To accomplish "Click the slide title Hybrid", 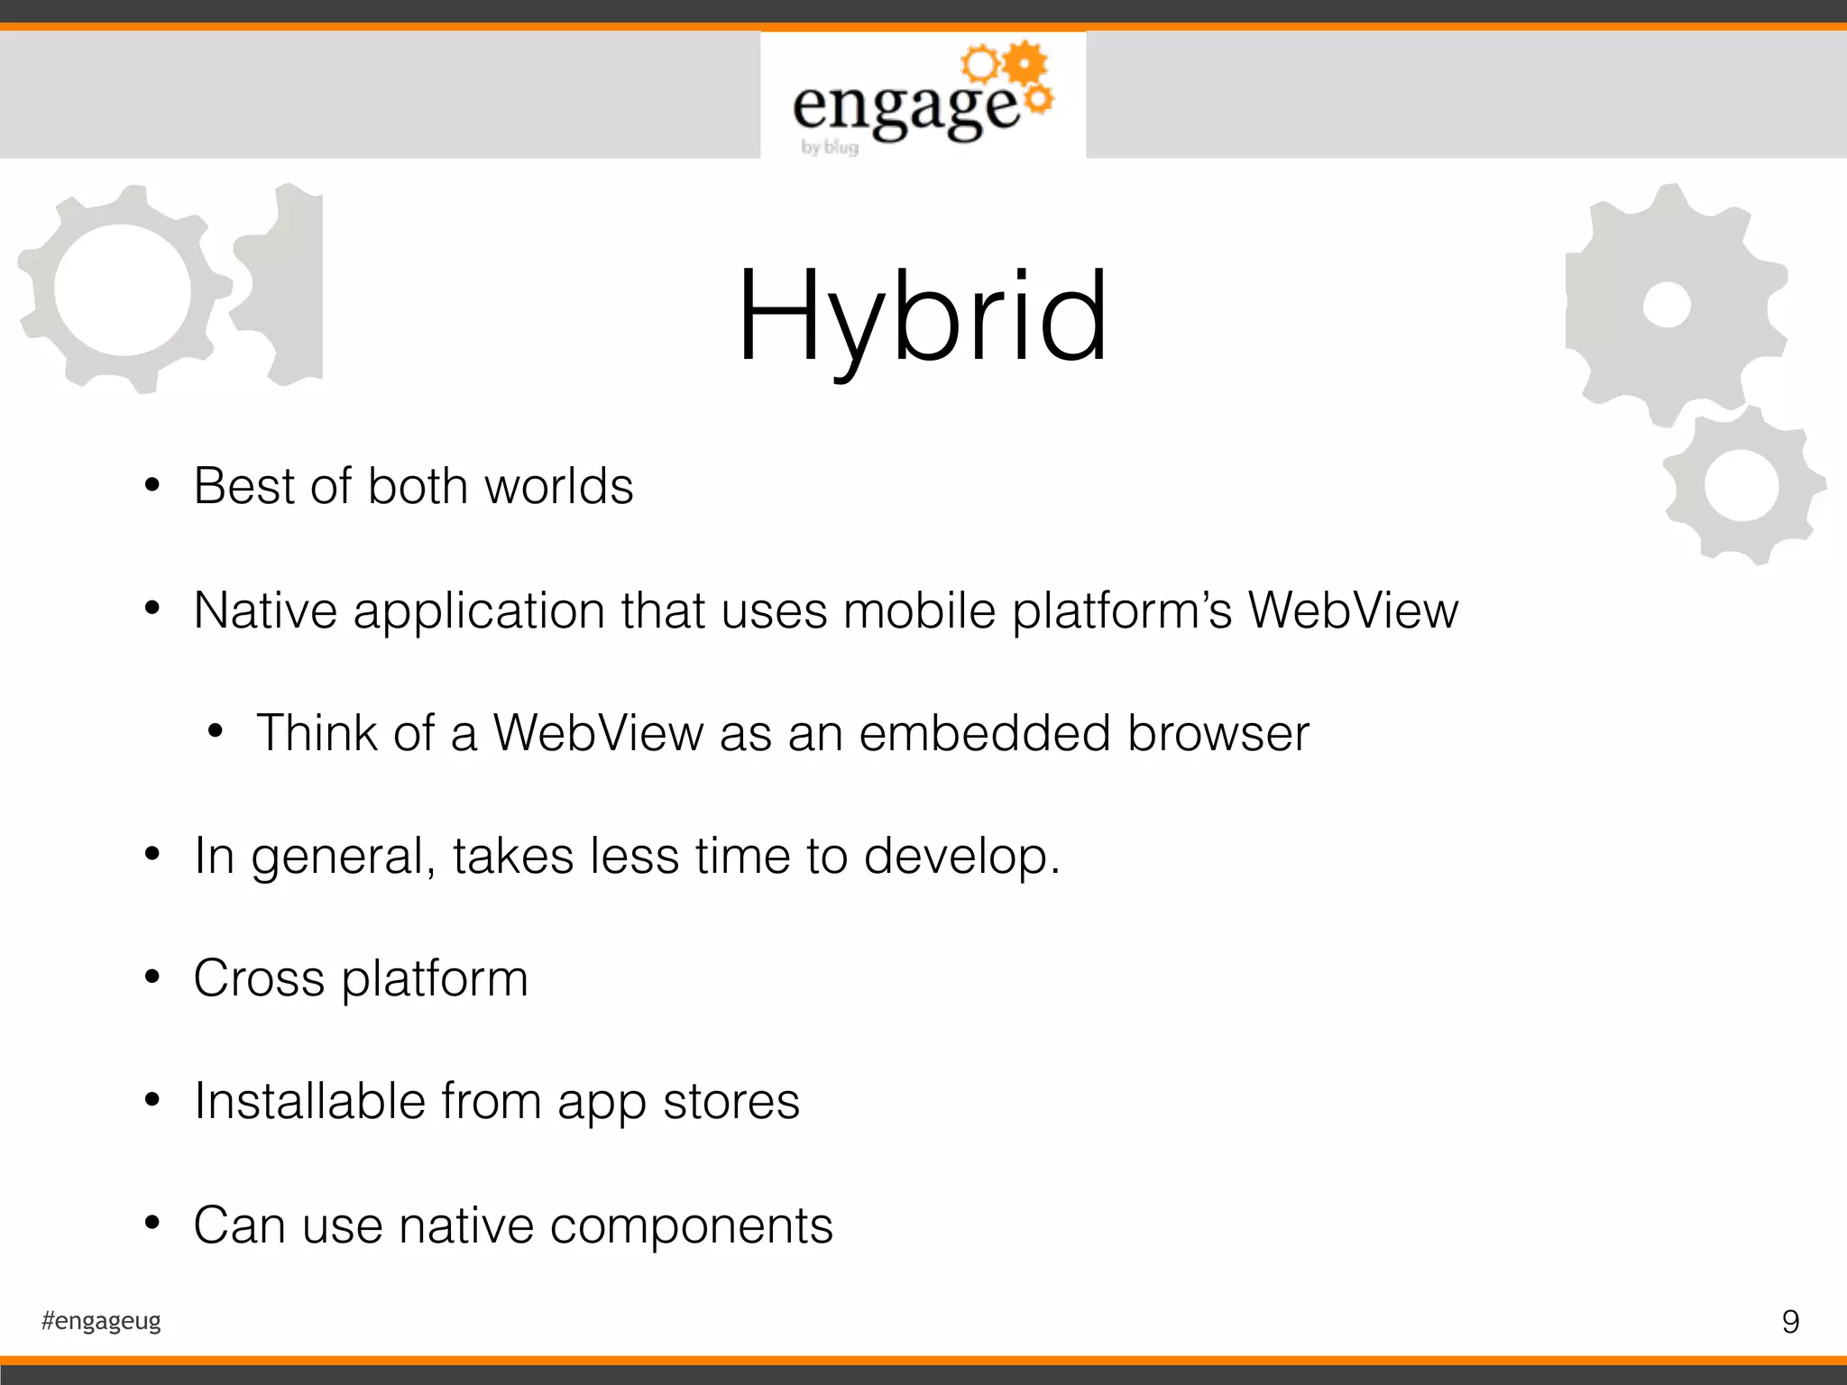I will coord(922,317).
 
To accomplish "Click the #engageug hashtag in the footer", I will coord(101,1321).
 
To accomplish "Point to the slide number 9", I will coord(1790,1322).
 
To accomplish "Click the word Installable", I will coord(309,1101).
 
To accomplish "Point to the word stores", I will coord(731,1102).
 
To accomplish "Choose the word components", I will coord(691,1226).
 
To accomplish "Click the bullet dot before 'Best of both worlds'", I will coord(152,486).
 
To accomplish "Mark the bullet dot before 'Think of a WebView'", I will coord(215,731).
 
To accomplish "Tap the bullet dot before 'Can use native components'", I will coord(152,1224).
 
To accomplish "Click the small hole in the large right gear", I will coord(1666,305).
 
